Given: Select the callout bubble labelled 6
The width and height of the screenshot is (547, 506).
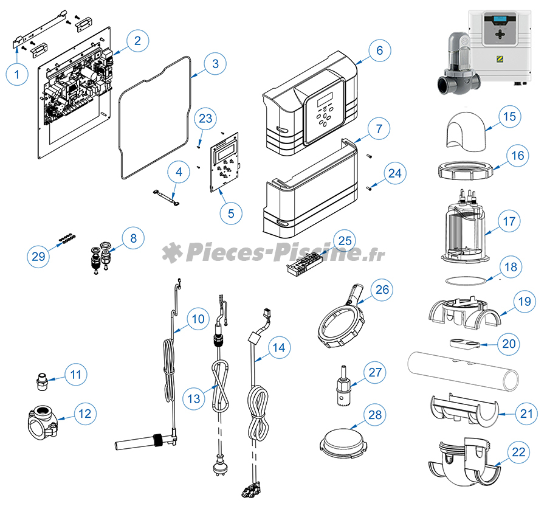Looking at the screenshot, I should coord(379,50).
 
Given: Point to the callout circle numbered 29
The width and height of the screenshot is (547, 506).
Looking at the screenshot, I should coord(38,257).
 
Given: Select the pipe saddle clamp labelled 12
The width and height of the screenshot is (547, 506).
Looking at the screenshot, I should coord(41,421).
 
